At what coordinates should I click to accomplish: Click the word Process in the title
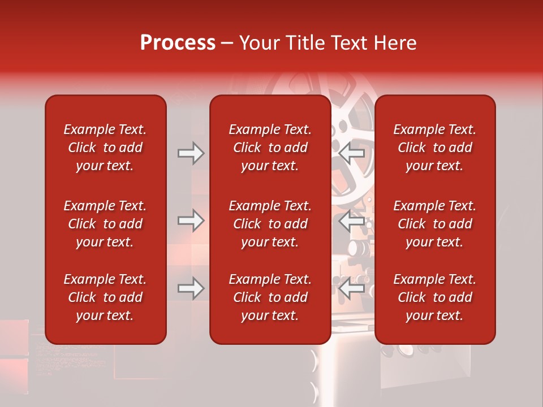pos(178,43)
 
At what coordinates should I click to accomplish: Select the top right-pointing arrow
pos(191,153)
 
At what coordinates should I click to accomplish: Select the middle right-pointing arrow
pos(191,220)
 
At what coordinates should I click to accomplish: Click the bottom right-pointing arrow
pos(191,288)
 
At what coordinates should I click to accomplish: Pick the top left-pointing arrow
pos(352,153)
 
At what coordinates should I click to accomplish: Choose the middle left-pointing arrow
pos(352,220)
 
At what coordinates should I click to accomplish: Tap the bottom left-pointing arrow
pos(352,288)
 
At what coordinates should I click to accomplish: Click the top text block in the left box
pos(105,148)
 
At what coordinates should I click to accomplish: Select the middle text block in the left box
pos(105,224)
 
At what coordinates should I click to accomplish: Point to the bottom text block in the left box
pos(105,297)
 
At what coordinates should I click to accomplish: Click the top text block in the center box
pos(270,148)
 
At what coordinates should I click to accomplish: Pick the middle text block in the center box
pos(270,224)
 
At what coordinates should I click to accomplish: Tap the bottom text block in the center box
pos(270,297)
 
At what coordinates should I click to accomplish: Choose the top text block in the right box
pos(434,148)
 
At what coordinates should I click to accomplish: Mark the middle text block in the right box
pos(434,224)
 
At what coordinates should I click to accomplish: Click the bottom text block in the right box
pos(434,297)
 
